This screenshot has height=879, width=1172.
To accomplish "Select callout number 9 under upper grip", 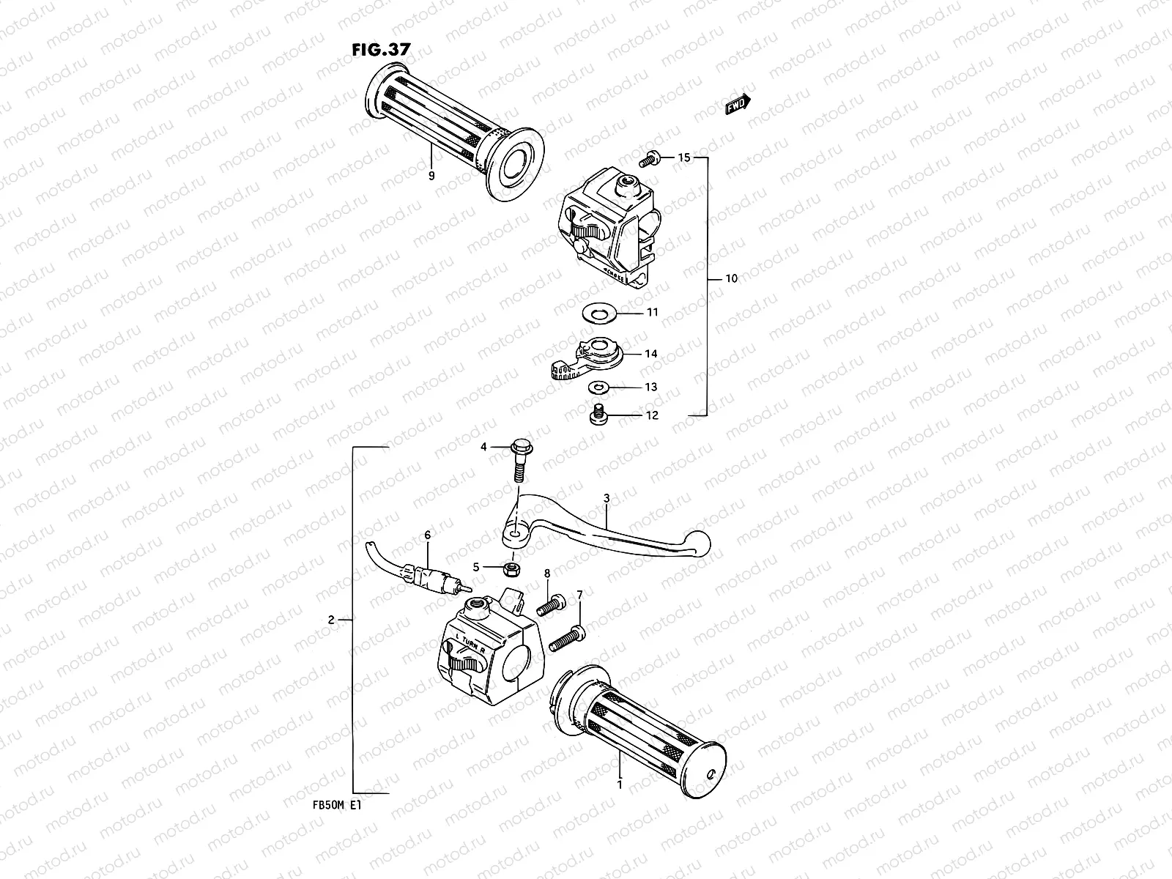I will click(x=431, y=176).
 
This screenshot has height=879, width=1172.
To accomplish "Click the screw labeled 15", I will click(x=648, y=157).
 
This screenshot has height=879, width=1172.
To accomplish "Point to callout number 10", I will click(x=731, y=278).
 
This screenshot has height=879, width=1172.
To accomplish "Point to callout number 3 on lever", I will click(x=607, y=499).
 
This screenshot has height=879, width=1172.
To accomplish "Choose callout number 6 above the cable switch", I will click(x=428, y=536).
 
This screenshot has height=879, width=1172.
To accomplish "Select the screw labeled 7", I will click(x=570, y=634).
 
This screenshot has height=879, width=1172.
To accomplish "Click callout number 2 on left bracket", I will click(x=331, y=620).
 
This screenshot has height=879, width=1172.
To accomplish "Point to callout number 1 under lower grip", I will click(x=620, y=785).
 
